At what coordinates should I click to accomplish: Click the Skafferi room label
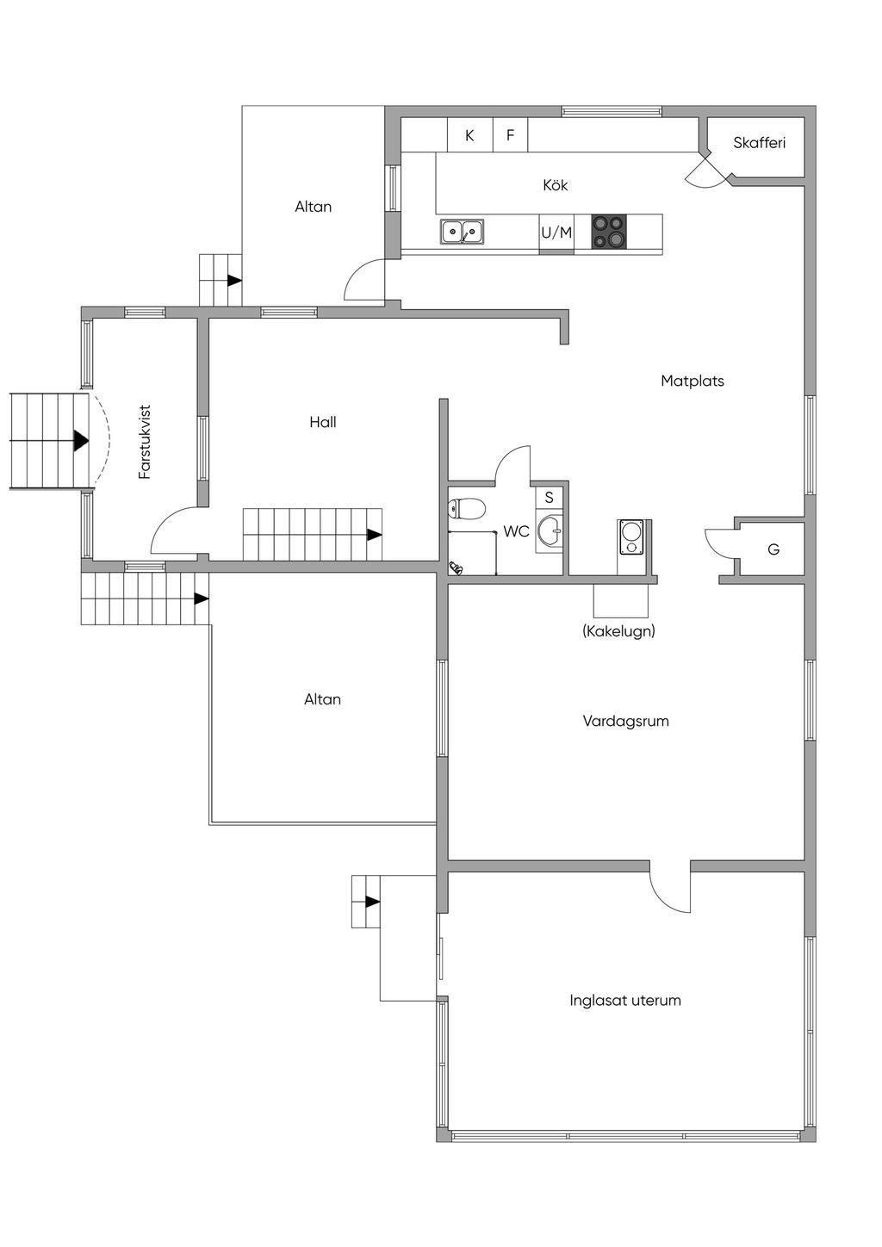pyautogui.click(x=759, y=143)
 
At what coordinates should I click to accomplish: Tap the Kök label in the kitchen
pyautogui.click(x=556, y=185)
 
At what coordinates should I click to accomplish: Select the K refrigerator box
pyautogui.click(x=470, y=135)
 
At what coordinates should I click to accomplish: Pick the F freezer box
pyautogui.click(x=510, y=135)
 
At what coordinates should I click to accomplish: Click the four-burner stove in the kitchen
pyautogui.click(x=609, y=231)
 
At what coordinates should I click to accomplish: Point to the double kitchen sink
pyautogui.click(x=463, y=231)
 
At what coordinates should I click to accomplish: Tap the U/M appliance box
pyautogui.click(x=556, y=233)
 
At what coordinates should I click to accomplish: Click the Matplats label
pyautogui.click(x=693, y=382)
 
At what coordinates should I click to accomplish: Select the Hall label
pyautogui.click(x=323, y=422)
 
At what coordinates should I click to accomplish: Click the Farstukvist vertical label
pyautogui.click(x=145, y=442)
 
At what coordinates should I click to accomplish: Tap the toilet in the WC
pyautogui.click(x=466, y=508)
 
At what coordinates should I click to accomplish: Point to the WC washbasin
pyautogui.click(x=550, y=530)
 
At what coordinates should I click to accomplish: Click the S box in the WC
pyautogui.click(x=549, y=497)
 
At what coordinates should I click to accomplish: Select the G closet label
pyautogui.click(x=773, y=550)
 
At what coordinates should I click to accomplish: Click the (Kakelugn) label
pyautogui.click(x=618, y=631)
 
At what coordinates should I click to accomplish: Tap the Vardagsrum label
pyautogui.click(x=626, y=722)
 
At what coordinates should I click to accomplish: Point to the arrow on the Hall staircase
pyautogui.click(x=374, y=535)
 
